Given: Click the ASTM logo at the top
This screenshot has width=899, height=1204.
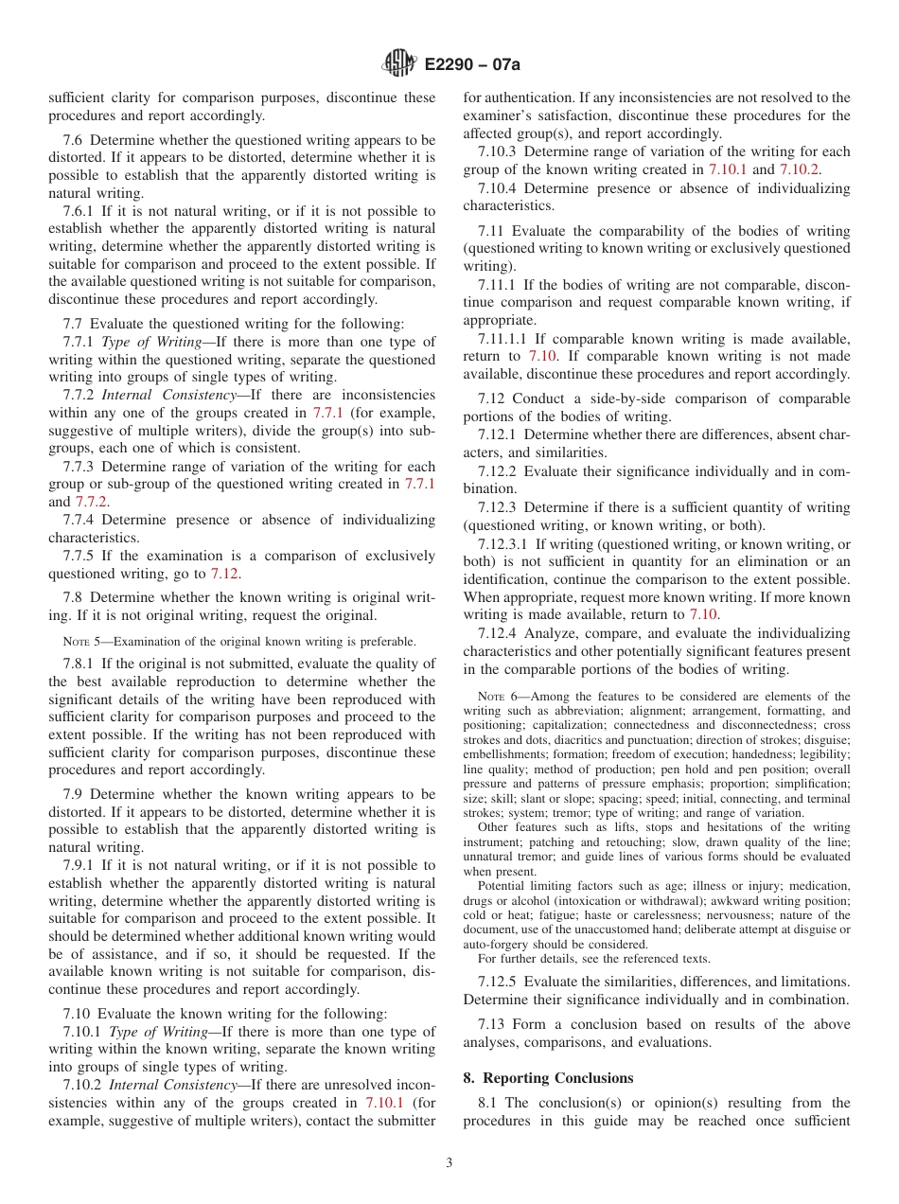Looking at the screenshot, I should tap(398, 64).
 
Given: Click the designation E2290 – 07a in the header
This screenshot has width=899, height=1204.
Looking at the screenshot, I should tap(473, 65).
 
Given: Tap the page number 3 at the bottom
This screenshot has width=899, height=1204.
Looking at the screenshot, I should tap(449, 1163).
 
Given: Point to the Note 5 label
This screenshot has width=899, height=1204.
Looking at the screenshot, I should tap(83, 641).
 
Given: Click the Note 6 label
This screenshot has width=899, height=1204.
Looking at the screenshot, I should tap(498, 697).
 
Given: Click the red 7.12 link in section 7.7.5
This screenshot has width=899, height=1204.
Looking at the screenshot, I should tap(223, 574).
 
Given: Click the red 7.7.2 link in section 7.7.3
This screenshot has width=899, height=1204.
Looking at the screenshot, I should tap(91, 502).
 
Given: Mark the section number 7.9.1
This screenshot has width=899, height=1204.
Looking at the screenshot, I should tap(79, 865).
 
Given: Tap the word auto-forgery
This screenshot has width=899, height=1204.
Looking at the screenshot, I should tap(496, 944).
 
